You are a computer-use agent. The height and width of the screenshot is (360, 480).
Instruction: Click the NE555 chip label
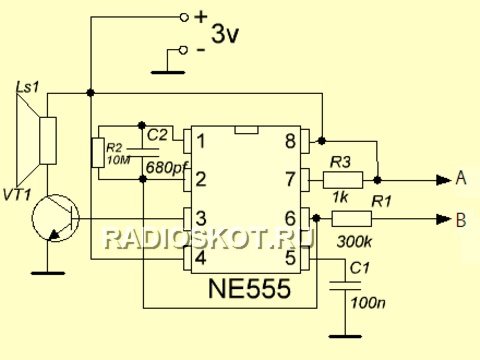pyautogui.click(x=249, y=289)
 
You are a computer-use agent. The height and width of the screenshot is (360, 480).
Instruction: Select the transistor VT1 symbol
pyautogui.click(x=55, y=218)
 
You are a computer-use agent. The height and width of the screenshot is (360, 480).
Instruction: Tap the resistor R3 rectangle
pyautogui.click(x=343, y=180)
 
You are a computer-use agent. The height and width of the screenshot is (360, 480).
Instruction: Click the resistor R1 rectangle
pyautogui.click(x=351, y=219)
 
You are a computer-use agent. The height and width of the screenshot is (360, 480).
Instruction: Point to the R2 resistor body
pyautogui.click(x=98, y=153)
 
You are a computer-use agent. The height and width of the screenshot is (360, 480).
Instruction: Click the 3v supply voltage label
pyautogui.click(x=225, y=34)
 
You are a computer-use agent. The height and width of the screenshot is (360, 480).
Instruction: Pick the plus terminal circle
pyautogui.click(x=184, y=17)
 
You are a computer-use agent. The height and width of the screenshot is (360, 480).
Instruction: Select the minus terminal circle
pyautogui.click(x=183, y=50)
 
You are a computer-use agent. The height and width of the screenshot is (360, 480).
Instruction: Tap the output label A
pyautogui.click(x=461, y=178)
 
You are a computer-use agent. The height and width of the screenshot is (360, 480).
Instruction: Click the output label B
pyautogui.click(x=461, y=220)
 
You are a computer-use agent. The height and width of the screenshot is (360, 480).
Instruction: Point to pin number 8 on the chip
pyautogui.click(x=290, y=141)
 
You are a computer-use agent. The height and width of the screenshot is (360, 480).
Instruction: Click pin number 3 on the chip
pyautogui.click(x=201, y=219)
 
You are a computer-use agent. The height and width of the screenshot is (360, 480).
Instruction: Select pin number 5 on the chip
pyautogui.click(x=290, y=257)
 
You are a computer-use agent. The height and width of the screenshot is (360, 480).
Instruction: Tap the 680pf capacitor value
pyautogui.click(x=168, y=167)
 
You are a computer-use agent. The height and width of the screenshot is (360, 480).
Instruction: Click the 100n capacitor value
pyautogui.click(x=368, y=303)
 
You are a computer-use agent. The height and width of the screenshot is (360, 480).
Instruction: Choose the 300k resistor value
pyautogui.click(x=354, y=242)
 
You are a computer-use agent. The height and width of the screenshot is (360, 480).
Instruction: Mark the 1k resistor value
pyautogui.click(x=340, y=197)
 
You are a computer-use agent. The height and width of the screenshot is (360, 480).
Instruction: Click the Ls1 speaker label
pyautogui.click(x=27, y=88)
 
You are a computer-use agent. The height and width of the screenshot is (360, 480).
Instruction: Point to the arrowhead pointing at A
pyautogui.click(x=444, y=180)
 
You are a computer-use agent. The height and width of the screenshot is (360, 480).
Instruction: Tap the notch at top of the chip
pyautogui.click(x=247, y=130)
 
